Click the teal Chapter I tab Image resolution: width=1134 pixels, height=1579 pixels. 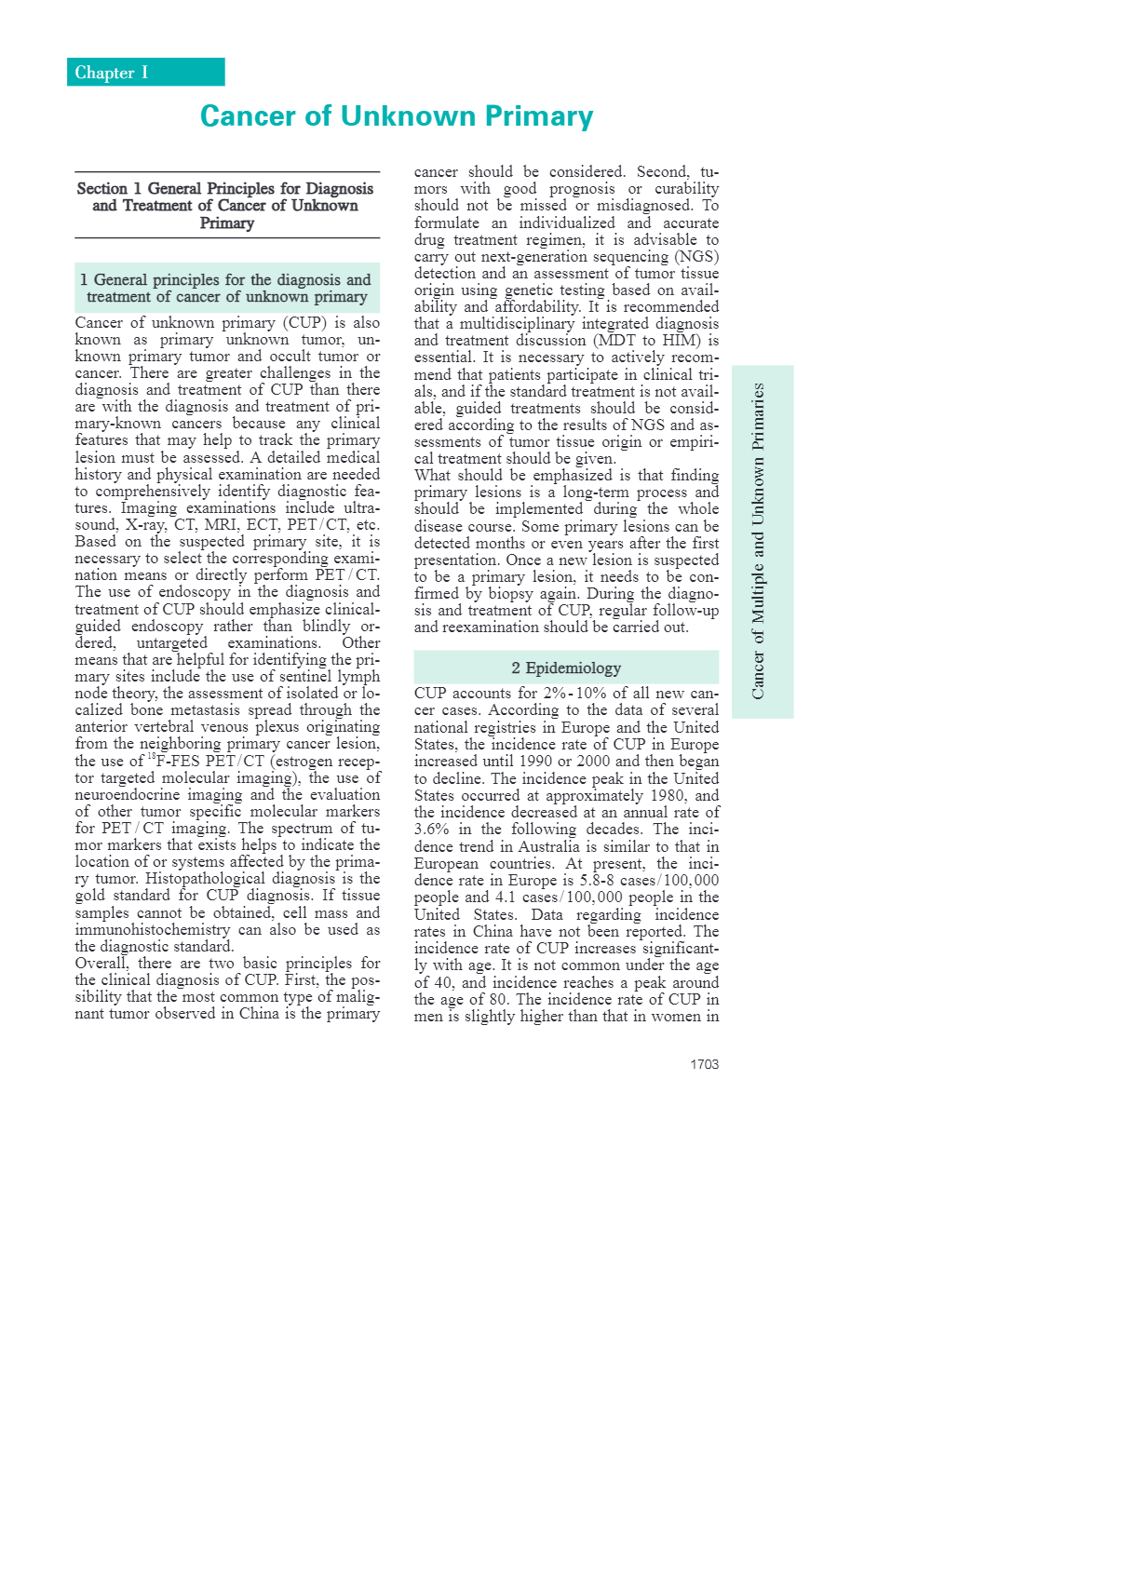(x=145, y=73)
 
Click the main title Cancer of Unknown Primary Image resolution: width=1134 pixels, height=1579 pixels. (x=397, y=116)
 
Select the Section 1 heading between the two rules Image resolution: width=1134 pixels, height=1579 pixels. (x=226, y=206)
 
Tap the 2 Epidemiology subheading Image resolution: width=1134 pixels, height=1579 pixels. (x=566, y=668)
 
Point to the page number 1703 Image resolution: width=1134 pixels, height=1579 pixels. (x=704, y=1064)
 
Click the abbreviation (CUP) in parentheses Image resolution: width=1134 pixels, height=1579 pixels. (x=304, y=323)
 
